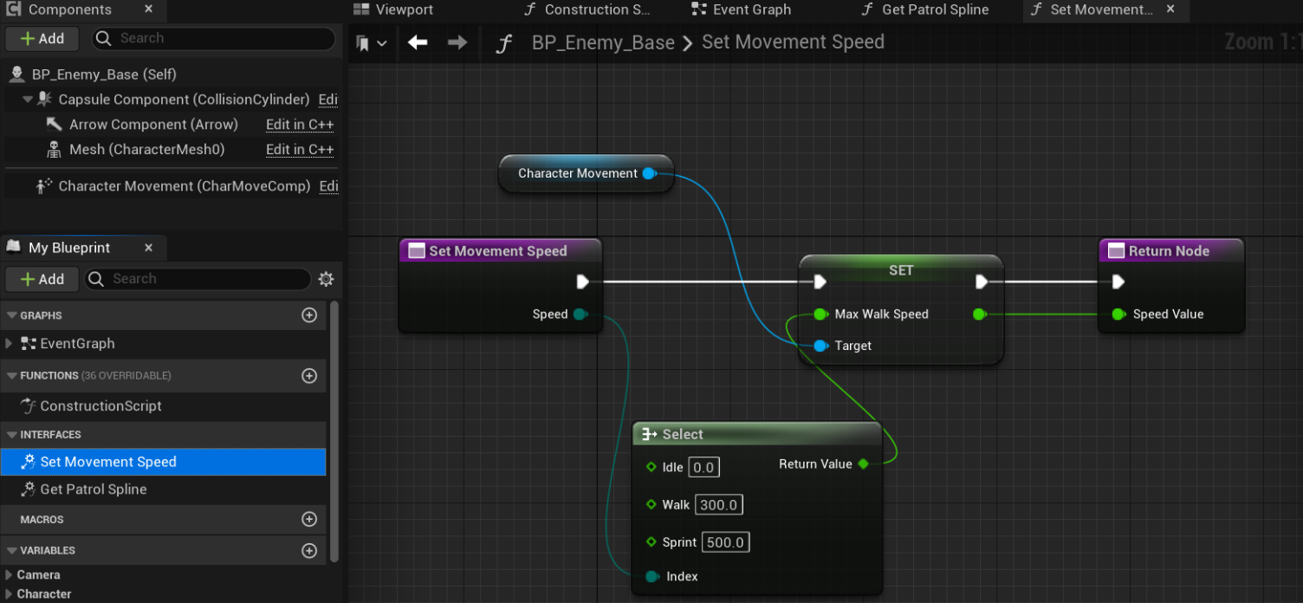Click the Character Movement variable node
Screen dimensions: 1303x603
click(x=577, y=173)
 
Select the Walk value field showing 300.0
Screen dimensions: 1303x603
click(x=719, y=505)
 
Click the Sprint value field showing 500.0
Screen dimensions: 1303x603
click(x=725, y=542)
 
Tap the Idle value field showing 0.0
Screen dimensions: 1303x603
click(x=703, y=468)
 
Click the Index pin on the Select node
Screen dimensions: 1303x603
click(x=651, y=577)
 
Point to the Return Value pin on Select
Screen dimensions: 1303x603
click(x=863, y=464)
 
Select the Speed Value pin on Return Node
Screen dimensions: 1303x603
click(x=1118, y=314)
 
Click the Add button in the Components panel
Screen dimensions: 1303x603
click(x=42, y=39)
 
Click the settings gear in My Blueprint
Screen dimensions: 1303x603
click(x=326, y=279)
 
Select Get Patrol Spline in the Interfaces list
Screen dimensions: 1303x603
click(x=93, y=490)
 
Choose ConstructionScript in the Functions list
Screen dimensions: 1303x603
click(x=100, y=406)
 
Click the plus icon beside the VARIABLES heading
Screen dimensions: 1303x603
click(x=309, y=551)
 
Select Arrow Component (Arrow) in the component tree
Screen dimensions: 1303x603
click(x=152, y=125)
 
